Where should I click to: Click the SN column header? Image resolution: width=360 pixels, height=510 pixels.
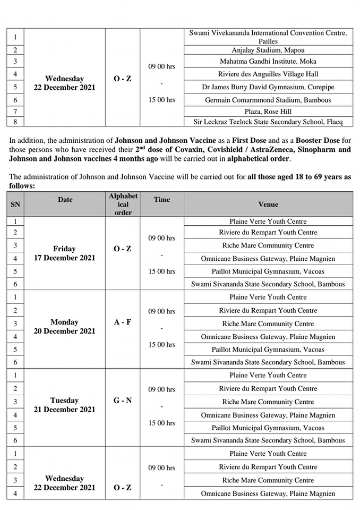point(15,204)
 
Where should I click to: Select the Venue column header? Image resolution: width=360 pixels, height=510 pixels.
point(268,204)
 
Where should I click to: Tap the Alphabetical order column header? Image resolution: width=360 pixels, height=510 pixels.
point(123,204)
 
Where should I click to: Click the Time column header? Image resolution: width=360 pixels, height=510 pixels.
point(162,200)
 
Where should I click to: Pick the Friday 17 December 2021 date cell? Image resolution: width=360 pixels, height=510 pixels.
point(64,253)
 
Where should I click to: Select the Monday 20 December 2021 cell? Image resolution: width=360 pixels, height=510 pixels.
point(64,327)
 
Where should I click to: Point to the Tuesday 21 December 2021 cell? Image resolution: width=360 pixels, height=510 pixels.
point(64,405)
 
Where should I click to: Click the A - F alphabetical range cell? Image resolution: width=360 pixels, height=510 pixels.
point(123,322)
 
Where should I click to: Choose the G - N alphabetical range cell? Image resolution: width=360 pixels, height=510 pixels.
point(123,401)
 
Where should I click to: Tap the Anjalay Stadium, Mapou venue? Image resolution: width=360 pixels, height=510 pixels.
point(268,50)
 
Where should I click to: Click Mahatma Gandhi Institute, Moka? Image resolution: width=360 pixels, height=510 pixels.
point(268,62)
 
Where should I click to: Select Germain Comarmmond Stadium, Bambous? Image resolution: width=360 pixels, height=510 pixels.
point(268,100)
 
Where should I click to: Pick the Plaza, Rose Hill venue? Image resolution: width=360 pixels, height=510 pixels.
point(268,112)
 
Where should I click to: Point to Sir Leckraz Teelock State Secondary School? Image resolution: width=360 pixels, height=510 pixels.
point(268,122)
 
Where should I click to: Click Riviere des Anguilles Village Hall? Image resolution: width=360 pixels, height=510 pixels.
point(268,74)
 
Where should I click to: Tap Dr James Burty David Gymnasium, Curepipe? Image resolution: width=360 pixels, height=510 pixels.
point(268,87)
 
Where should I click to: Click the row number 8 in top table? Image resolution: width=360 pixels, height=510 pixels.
point(15,122)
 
